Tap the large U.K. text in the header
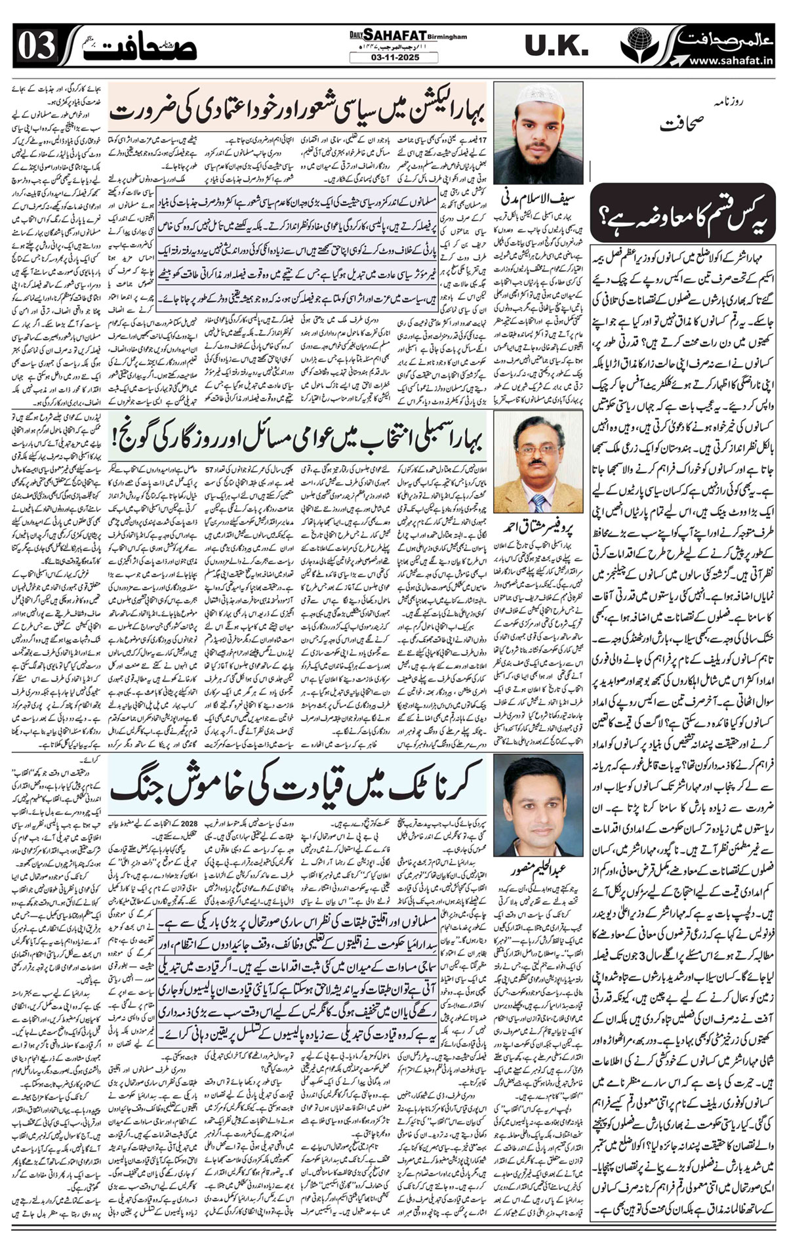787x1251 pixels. point(556,46)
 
